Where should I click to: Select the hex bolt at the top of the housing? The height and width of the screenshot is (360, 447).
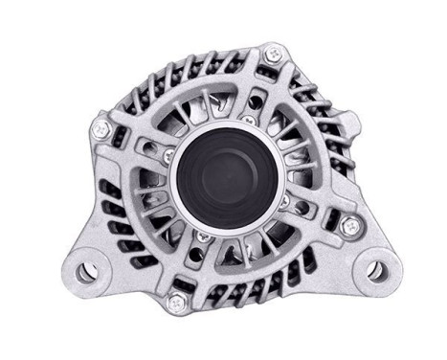point(275,55)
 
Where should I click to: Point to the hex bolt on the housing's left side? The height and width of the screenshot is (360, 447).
point(101,124)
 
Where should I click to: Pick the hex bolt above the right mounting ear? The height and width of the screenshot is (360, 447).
point(350,226)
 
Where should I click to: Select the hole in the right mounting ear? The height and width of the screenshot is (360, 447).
point(378,270)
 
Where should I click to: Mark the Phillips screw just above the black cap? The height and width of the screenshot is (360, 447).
point(246,119)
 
